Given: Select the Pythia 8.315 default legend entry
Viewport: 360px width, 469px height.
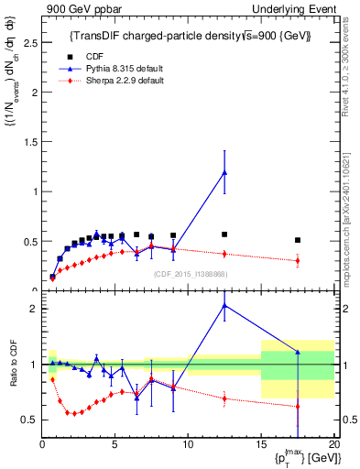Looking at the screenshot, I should [x=113, y=68].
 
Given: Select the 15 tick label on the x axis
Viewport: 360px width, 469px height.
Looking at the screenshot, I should [x=261, y=445].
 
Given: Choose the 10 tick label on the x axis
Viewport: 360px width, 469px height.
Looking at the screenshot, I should [x=188, y=445].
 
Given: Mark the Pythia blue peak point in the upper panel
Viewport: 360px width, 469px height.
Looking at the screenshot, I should [x=224, y=172].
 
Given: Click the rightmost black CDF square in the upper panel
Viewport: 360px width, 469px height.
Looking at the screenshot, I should [x=298, y=240].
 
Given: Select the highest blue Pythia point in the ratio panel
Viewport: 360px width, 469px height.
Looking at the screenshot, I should [x=224, y=306].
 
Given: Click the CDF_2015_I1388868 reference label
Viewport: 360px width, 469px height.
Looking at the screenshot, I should [x=190, y=274].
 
